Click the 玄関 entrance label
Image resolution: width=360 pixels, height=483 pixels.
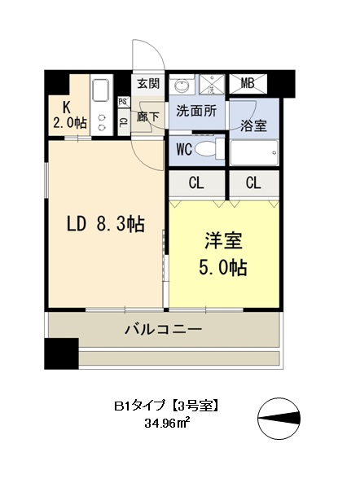click(148, 83)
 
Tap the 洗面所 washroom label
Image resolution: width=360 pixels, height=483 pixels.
click(196, 112)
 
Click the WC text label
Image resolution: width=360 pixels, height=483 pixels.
click(184, 149)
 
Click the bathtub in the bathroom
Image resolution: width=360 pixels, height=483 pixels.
click(254, 152)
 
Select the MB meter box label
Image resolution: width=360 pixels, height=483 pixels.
click(248, 83)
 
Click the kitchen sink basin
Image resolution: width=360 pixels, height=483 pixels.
click(103, 90)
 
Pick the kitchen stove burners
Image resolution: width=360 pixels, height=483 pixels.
click(103, 121)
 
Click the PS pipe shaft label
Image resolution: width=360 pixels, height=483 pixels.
click(123, 102)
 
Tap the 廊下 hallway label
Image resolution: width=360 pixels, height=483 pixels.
click(148, 116)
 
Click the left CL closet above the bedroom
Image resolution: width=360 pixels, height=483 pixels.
click(196, 182)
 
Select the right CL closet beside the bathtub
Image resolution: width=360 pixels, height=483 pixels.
click(252, 182)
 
